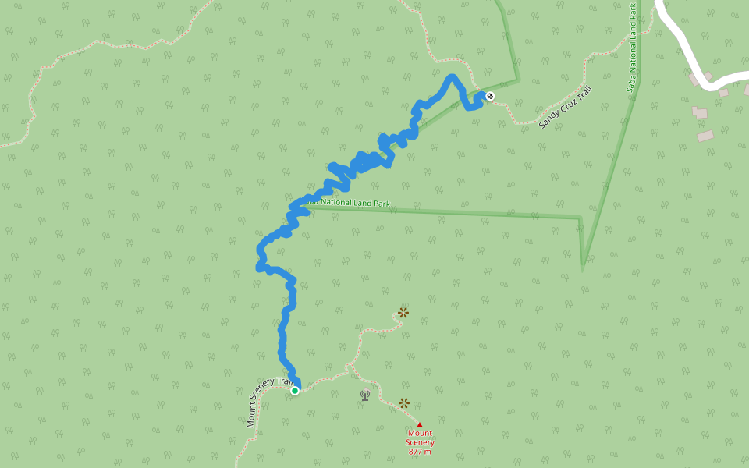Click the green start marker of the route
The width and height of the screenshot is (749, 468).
click(295, 391)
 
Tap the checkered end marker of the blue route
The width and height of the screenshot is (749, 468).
click(490, 96)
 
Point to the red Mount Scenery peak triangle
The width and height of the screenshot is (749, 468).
click(420, 425)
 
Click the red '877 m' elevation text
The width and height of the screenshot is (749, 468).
click(420, 452)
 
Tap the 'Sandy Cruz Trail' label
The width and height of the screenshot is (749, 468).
click(566, 107)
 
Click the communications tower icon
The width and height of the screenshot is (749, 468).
click(365, 395)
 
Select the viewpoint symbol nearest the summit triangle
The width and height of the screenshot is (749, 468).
click(404, 403)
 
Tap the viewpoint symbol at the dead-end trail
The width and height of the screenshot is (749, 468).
click(403, 313)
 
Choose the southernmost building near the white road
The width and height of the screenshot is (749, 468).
click(705, 136)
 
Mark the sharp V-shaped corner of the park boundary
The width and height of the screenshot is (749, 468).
click(583, 268)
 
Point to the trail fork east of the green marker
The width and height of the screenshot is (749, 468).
click(350, 364)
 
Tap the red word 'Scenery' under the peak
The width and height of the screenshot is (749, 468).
click(420, 442)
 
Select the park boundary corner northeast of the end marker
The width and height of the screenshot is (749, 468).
click(517, 80)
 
